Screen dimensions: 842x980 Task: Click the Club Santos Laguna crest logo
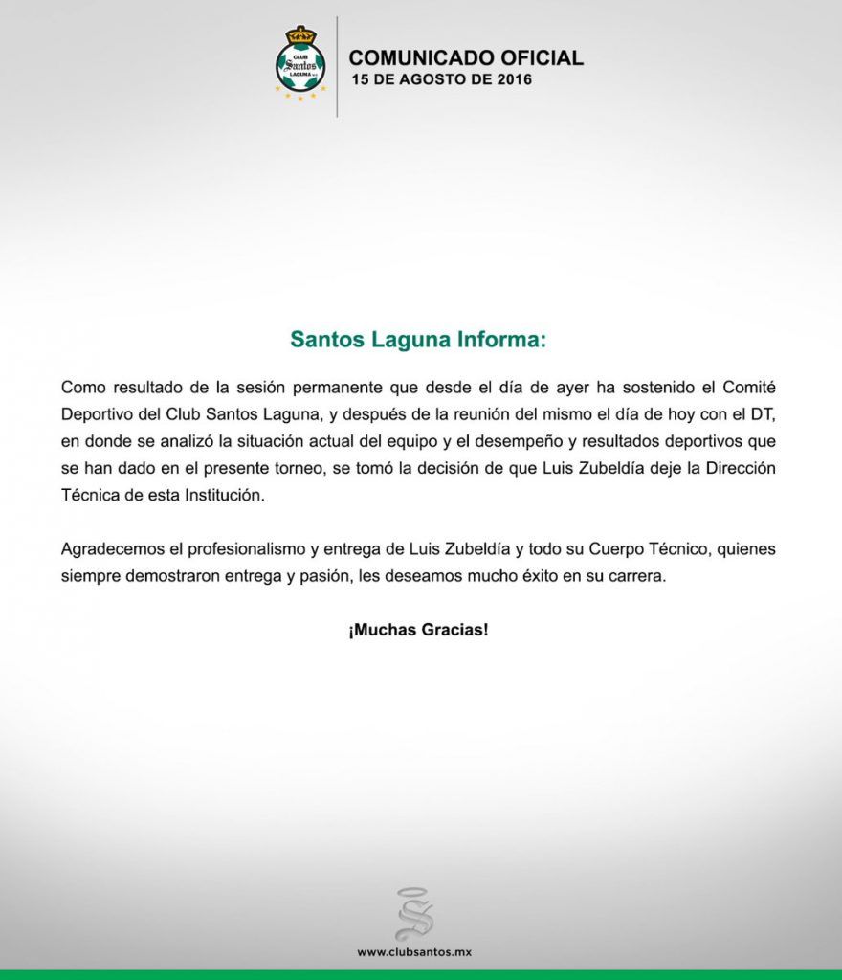pyautogui.click(x=300, y=64)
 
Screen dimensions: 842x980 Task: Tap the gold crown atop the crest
pyautogui.click(x=300, y=34)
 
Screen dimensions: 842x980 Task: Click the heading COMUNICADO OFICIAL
pyautogui.click(x=466, y=57)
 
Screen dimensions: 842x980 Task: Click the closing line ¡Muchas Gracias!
pyautogui.click(x=419, y=632)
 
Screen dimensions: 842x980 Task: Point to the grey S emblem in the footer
pyautogui.click(x=414, y=913)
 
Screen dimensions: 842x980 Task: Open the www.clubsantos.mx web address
pyautogui.click(x=415, y=952)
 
